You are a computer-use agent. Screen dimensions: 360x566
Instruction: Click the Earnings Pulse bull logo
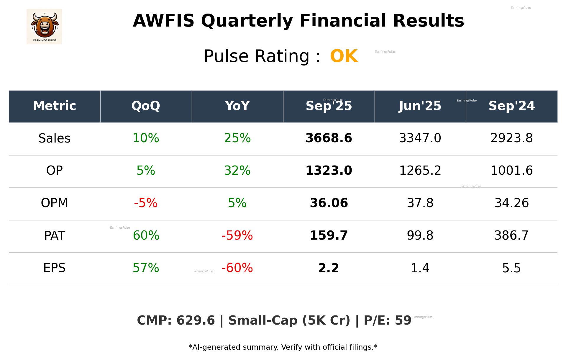click(x=44, y=27)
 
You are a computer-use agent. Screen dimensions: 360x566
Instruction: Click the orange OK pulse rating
click(x=344, y=56)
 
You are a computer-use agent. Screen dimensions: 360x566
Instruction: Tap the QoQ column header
click(x=146, y=106)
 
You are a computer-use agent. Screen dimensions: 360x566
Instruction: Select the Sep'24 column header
click(x=511, y=106)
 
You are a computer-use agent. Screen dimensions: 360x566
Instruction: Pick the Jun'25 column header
click(x=420, y=106)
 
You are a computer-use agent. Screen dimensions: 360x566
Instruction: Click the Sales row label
click(x=55, y=138)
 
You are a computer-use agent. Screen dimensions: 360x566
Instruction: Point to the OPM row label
click(x=55, y=203)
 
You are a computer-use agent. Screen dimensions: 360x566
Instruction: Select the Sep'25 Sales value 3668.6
click(x=329, y=138)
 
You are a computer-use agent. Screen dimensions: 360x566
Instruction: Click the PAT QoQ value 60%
click(x=146, y=235)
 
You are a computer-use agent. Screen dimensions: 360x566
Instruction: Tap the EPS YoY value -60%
click(x=237, y=268)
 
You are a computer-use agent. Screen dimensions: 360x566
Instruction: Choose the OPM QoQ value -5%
click(x=146, y=203)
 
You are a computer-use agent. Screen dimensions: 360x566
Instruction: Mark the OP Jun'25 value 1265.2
click(x=420, y=171)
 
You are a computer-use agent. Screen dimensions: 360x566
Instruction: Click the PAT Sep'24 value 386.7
click(x=511, y=235)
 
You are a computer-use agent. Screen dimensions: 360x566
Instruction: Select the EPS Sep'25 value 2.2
click(x=329, y=268)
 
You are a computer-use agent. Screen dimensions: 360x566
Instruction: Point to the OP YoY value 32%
click(x=237, y=171)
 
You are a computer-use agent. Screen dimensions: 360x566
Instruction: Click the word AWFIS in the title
click(x=163, y=21)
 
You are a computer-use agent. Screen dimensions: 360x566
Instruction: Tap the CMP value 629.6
click(x=196, y=321)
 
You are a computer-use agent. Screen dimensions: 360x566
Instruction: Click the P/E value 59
click(x=403, y=321)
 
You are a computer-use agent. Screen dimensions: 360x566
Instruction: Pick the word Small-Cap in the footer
click(x=263, y=321)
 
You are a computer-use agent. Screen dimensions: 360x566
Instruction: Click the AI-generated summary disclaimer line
click(x=283, y=347)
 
